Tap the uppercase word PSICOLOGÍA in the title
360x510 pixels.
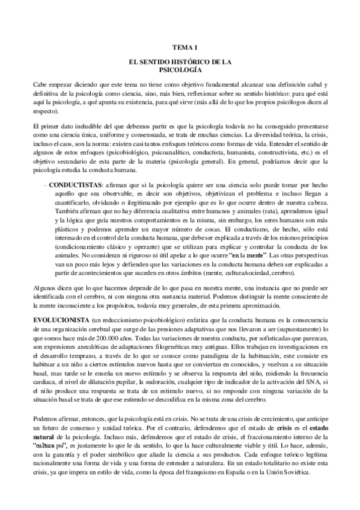click(x=180, y=70)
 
